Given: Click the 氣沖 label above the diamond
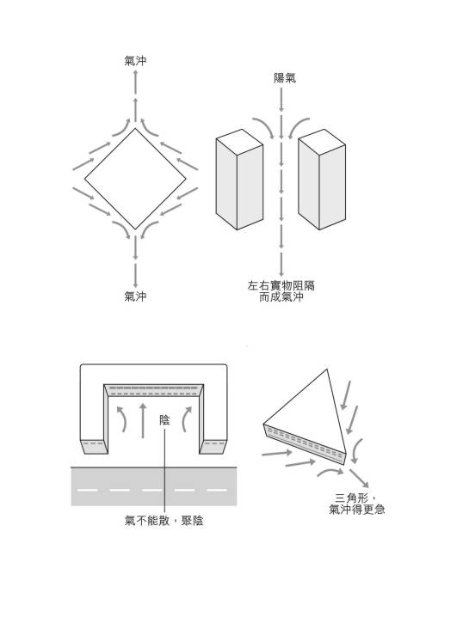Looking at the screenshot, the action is [x=135, y=61].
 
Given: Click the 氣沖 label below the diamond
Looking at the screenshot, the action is [x=135, y=296].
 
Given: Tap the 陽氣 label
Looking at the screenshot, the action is [x=285, y=78].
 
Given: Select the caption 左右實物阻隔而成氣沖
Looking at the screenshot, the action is [x=281, y=291].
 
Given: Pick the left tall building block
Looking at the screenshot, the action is [x=239, y=179].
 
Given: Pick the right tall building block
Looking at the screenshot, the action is [x=322, y=179].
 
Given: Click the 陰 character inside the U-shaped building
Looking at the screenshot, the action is [x=164, y=420].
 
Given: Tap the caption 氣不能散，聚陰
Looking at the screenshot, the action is [x=164, y=521].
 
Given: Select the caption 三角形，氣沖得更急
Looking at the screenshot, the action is [x=357, y=504].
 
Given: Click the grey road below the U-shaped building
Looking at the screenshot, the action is [x=154, y=486].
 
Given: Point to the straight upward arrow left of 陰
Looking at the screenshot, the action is [x=143, y=420].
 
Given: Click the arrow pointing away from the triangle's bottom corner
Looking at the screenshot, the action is [x=359, y=478].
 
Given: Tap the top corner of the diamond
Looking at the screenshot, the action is [x=135, y=128].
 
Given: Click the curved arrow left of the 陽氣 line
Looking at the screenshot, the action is [x=264, y=127].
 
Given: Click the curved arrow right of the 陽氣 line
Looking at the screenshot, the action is [x=299, y=127].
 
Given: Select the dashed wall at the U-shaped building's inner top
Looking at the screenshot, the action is [x=153, y=390].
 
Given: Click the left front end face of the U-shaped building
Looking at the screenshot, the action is [x=95, y=447].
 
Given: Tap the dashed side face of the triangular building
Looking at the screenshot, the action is [x=304, y=444].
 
